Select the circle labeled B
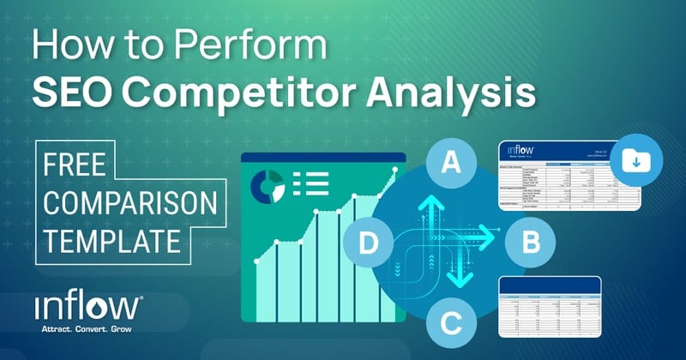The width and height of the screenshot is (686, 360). [x=530, y=243]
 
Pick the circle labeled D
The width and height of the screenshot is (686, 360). [x=368, y=243]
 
